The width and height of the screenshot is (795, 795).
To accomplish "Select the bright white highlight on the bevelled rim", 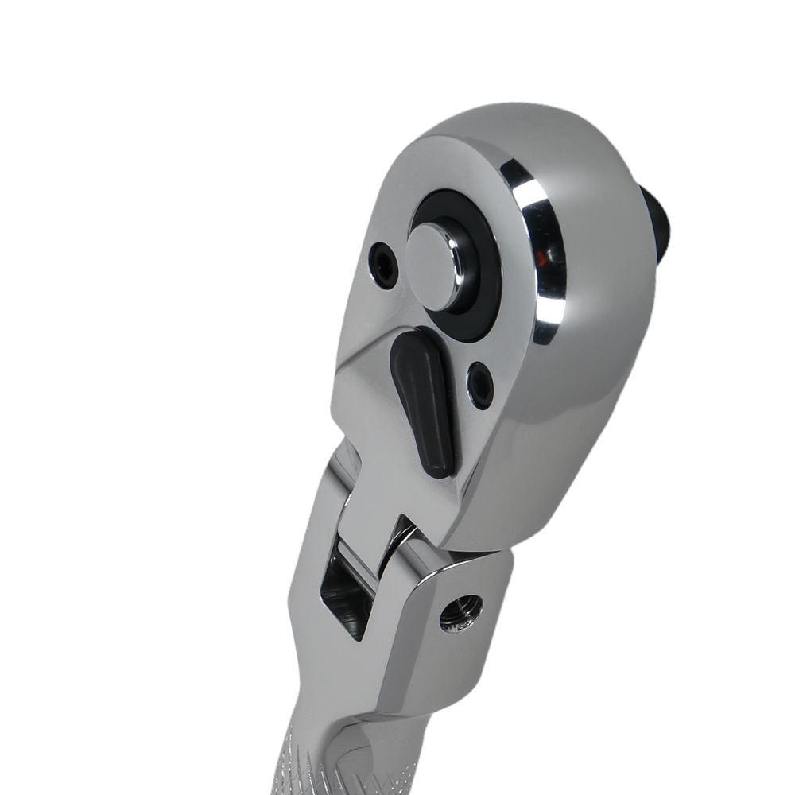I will click(x=531, y=199).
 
